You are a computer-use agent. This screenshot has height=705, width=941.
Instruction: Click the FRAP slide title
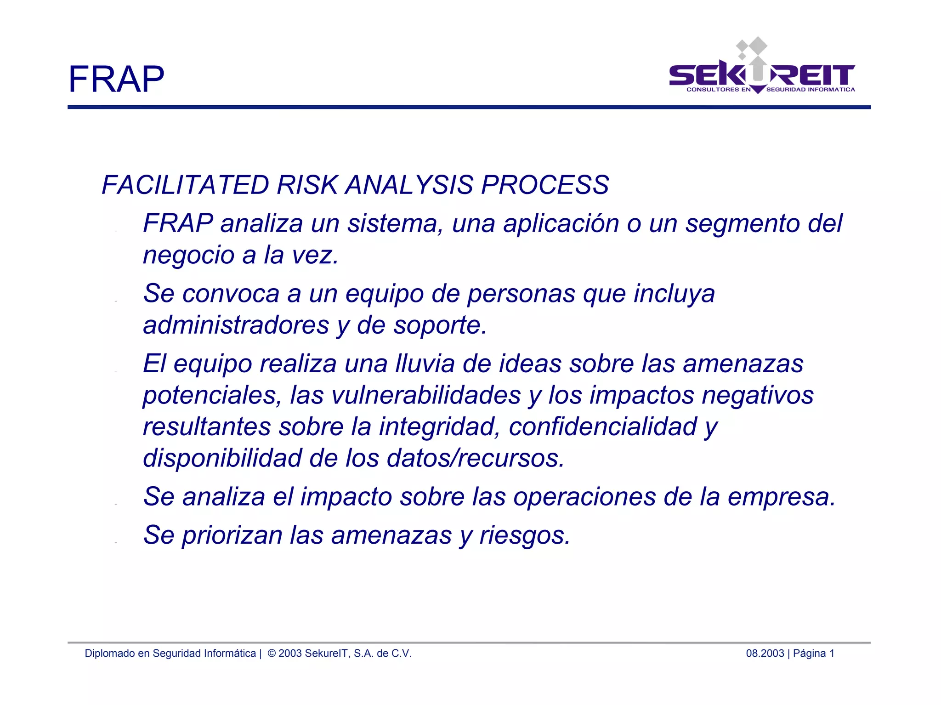116,79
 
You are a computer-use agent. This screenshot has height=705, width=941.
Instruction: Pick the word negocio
188,255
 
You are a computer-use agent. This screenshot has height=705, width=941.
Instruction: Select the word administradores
236,325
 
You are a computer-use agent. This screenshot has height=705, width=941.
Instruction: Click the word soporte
440,325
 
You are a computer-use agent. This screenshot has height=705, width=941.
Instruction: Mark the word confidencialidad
603,426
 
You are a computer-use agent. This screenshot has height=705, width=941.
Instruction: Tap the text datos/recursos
475,458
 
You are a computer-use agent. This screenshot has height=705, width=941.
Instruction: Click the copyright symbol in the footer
272,654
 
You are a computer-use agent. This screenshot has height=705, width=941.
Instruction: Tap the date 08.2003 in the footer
765,654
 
